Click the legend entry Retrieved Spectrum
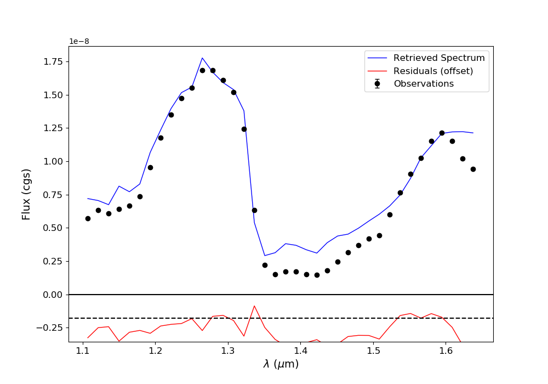pos(439,58)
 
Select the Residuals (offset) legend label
pos(433,71)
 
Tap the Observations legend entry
pos(424,84)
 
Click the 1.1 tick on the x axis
pos(83,351)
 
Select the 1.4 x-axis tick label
pos(300,351)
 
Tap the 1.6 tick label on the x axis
pos(446,351)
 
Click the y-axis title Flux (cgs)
pos(26,194)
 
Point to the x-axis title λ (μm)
pos(281,364)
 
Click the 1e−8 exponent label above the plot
pos(79,41)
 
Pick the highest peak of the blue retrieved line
pos(202,58)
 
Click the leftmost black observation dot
pos(88,218)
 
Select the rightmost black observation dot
pos(473,169)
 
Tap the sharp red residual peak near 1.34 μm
pos(254,306)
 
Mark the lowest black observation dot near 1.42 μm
pos(317,275)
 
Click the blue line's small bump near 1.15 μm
pos(119,186)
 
